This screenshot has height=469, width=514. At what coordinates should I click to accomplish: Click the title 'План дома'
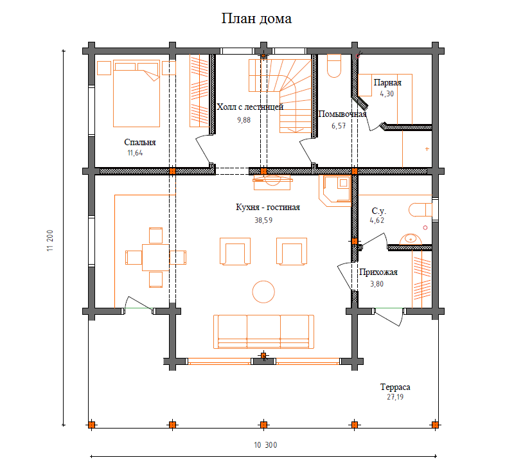click(256, 19)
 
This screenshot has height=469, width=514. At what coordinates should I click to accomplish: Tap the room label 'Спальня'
click(139, 142)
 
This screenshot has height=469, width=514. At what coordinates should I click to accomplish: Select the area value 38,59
click(263, 220)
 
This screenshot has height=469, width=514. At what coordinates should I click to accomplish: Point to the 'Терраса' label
click(395, 387)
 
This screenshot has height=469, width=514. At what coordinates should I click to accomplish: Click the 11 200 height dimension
click(50, 240)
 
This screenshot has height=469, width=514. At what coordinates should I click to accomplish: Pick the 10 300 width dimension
click(265, 445)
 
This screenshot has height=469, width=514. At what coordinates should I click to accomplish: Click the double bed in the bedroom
click(136, 93)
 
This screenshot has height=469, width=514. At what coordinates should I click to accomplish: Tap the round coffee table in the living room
click(263, 292)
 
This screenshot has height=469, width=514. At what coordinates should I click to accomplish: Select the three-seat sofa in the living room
click(263, 332)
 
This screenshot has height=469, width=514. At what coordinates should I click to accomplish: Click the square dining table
click(155, 257)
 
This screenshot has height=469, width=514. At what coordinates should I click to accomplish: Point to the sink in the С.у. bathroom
click(411, 239)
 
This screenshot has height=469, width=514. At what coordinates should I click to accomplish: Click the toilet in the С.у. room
click(420, 209)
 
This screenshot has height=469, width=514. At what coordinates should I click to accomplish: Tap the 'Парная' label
click(387, 82)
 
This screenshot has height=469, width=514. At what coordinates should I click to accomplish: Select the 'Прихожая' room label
click(378, 272)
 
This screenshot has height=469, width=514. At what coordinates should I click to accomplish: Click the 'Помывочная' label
click(342, 114)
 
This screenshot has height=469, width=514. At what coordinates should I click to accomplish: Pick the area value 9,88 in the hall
click(244, 120)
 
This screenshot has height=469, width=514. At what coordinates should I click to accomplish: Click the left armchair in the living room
click(235, 251)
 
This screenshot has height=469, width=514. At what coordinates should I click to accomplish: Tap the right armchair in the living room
click(292, 251)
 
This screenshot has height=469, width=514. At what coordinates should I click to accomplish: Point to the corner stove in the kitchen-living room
click(335, 191)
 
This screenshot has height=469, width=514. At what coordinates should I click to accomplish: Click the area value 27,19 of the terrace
click(395, 397)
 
